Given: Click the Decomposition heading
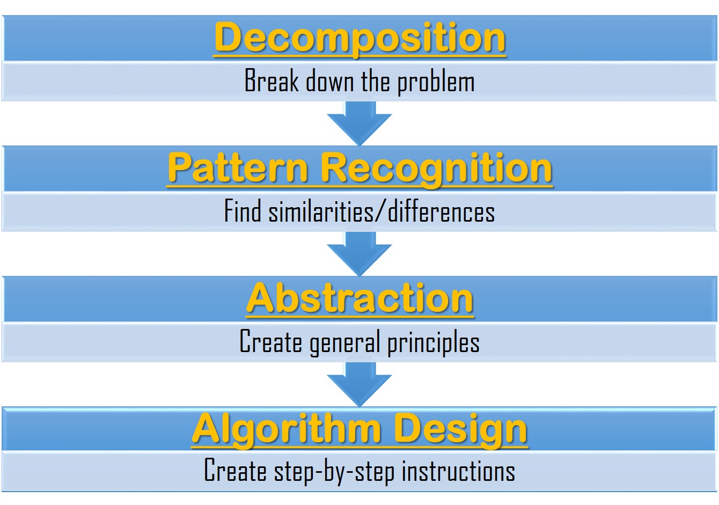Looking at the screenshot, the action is point(359,39).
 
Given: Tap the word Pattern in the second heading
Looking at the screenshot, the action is point(238,168).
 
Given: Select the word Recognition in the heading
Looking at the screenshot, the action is point(436,170).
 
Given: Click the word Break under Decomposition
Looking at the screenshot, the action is point(272,80).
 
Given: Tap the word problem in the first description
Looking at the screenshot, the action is point(436,82).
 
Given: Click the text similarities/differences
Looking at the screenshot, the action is point(381,210).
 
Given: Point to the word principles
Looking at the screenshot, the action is point(434,343).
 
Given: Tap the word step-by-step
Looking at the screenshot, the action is point(334,472).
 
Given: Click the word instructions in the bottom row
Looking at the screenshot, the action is point(458,470).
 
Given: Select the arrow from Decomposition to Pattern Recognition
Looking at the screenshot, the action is point(359,123).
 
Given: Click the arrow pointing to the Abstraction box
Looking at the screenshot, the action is point(359,254).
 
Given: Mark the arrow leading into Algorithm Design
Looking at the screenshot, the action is point(359,384).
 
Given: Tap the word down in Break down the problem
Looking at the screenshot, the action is point(330,80).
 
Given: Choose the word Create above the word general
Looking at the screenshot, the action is point(271,341).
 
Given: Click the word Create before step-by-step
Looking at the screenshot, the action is point(235,470).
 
